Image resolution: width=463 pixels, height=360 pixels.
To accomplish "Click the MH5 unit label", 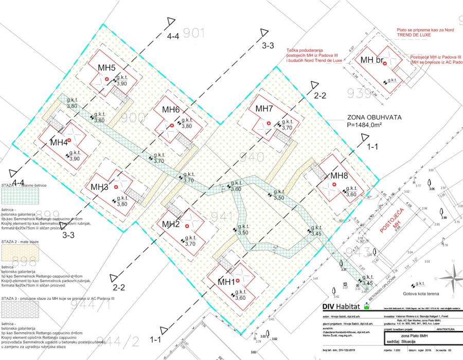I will point(106,68).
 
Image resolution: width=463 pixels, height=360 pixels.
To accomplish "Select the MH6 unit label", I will point(171,110).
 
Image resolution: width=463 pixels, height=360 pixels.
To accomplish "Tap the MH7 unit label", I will point(264,109).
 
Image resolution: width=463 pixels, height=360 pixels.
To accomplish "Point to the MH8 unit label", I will point(340,176).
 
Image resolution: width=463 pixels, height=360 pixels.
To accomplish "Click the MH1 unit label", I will point(226,281).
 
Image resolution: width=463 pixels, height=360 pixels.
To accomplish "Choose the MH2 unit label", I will point(171,224).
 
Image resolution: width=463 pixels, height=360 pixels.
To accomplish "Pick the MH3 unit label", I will point(99,186).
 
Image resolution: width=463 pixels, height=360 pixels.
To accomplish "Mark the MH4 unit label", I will point(59,142).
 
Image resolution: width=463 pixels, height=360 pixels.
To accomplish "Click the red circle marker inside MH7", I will point(269,123).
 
